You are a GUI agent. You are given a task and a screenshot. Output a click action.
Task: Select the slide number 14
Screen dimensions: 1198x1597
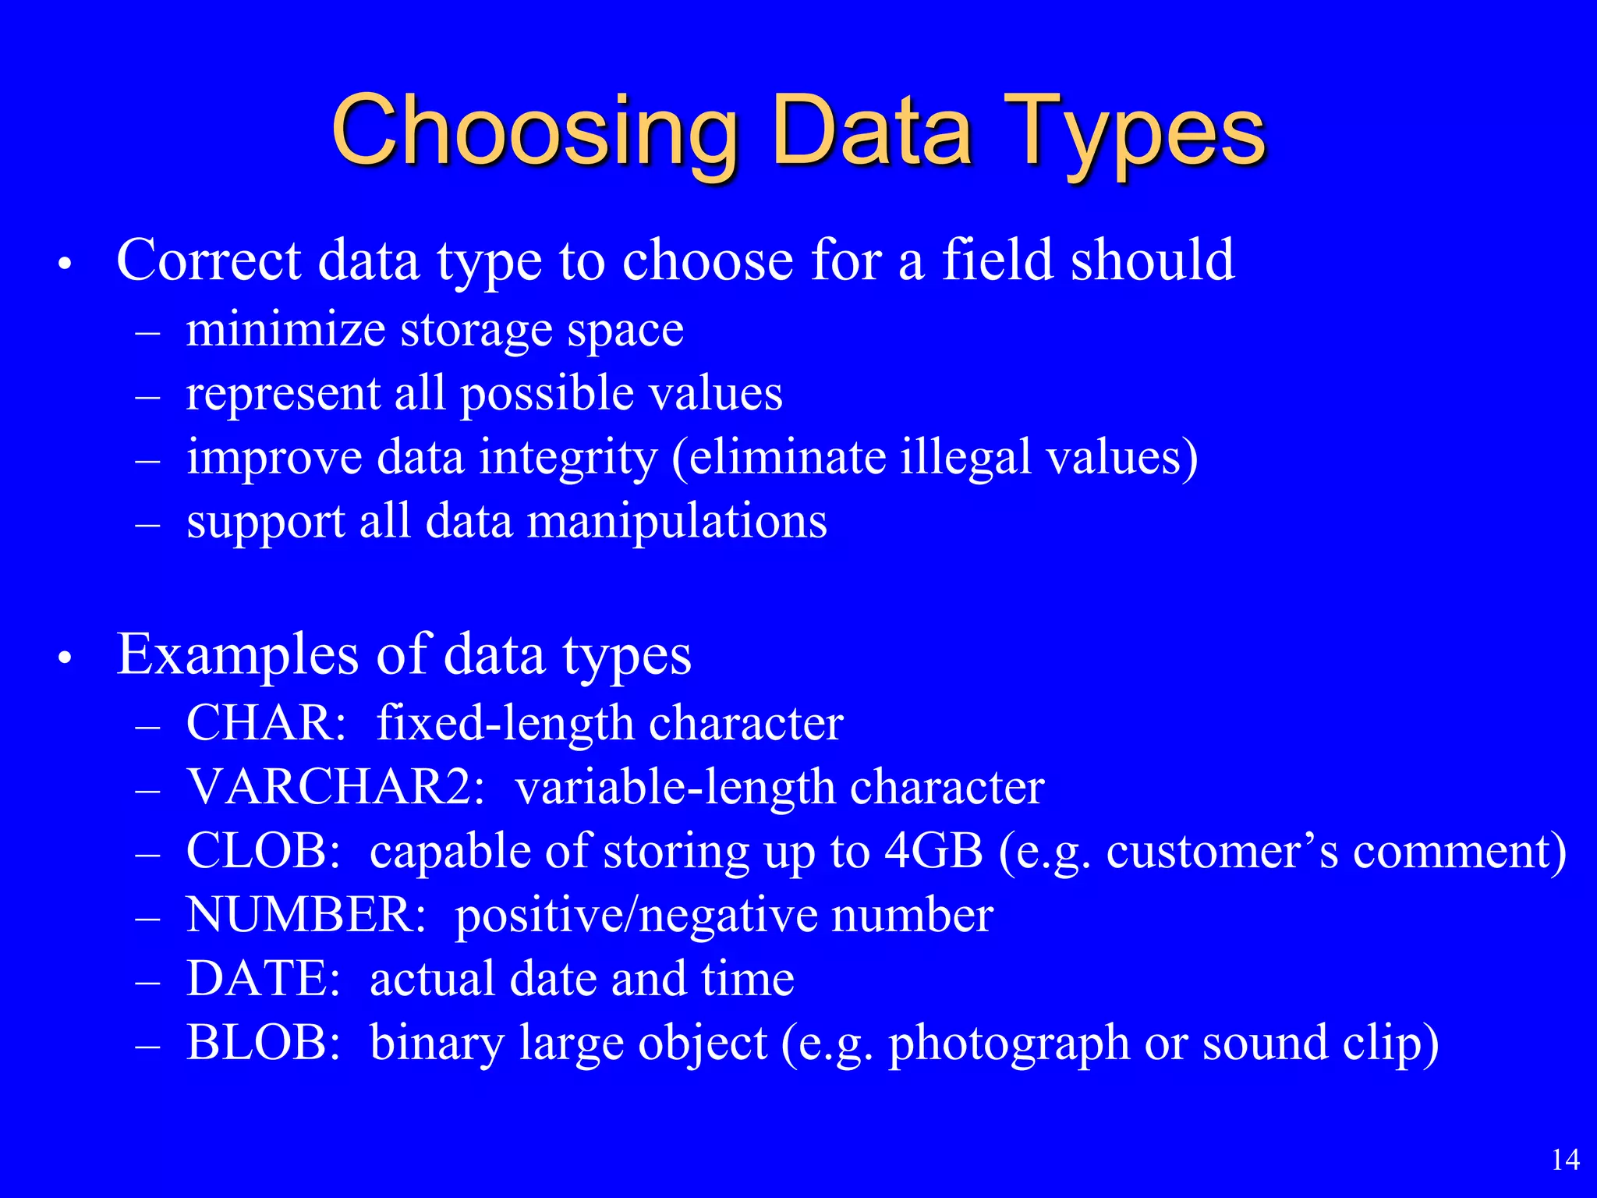click(1566, 1160)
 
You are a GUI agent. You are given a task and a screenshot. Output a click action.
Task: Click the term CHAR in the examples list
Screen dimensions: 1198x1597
click(266, 723)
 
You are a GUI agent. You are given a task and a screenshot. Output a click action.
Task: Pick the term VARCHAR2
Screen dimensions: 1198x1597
click(336, 787)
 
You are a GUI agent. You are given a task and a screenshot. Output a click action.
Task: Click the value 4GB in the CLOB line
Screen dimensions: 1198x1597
click(933, 851)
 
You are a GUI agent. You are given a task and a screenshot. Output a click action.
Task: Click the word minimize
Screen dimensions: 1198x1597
click(285, 330)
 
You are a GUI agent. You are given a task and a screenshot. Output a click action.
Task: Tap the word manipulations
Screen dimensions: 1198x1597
click(678, 523)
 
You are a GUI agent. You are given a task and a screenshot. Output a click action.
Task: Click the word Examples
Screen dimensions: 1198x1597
click(238, 655)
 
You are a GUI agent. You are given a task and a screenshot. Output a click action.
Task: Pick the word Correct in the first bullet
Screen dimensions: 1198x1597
click(209, 260)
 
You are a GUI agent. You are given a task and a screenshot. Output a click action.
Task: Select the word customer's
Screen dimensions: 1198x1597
click(1222, 851)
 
